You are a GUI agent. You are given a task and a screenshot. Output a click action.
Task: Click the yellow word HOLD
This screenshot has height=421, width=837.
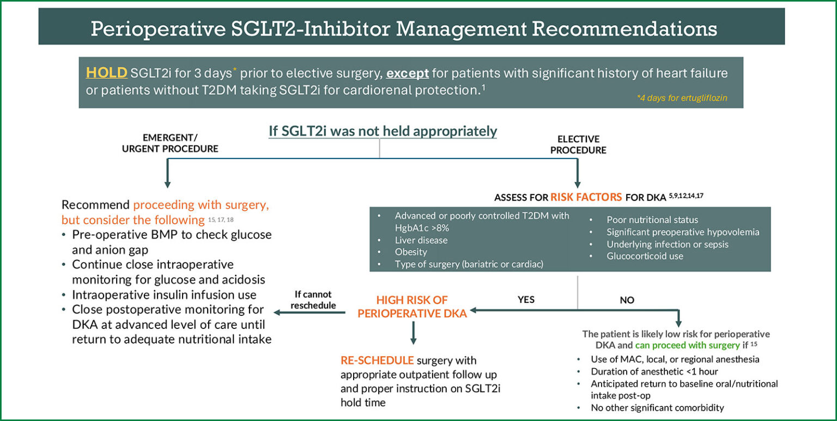coord(106,73)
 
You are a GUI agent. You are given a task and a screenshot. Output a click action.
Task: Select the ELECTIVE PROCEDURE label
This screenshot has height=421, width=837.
coord(578,144)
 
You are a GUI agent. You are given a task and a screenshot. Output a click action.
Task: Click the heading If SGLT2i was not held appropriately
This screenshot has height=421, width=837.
coord(383,131)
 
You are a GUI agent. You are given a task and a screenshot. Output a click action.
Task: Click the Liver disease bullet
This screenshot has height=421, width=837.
coord(421,240)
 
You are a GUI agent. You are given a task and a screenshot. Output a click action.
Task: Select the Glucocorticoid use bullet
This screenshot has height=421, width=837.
coord(645,255)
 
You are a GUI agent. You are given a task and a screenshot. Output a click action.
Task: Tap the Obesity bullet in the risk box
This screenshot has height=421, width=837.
coord(411,252)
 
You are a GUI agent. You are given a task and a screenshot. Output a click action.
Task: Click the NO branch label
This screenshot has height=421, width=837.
coord(627,300)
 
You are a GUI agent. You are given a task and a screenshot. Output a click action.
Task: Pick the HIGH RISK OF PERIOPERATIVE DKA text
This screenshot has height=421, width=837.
coord(413,307)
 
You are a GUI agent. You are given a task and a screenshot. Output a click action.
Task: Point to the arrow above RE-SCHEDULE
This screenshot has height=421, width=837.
coord(413,333)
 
